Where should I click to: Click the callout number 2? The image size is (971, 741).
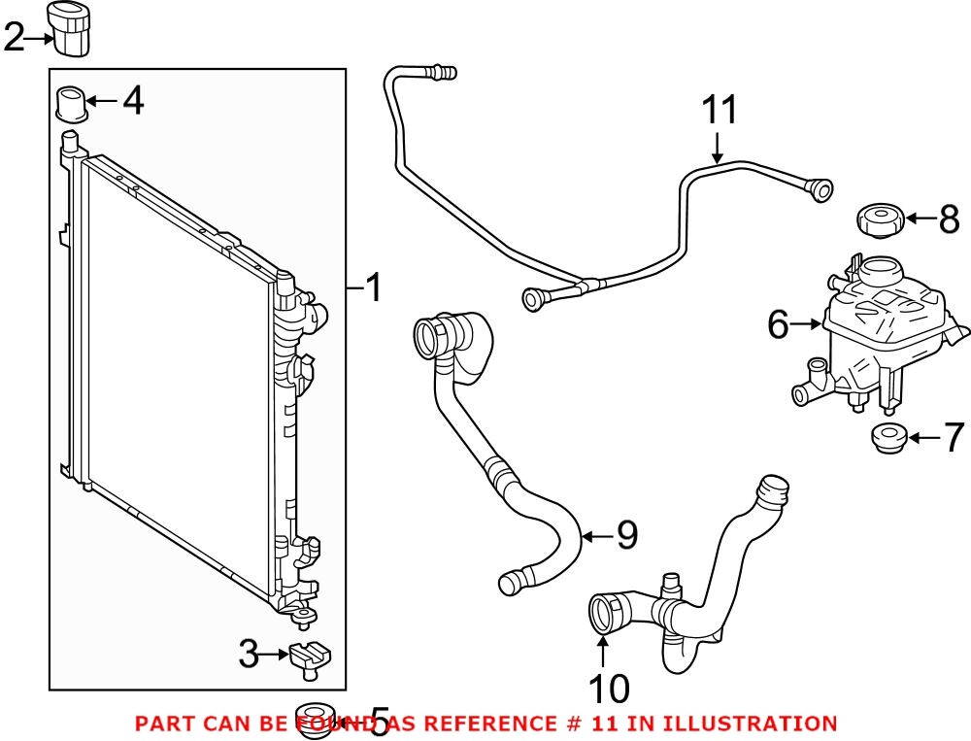14,39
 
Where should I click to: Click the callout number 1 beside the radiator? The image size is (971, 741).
372,288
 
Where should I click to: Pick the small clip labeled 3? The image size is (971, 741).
306,657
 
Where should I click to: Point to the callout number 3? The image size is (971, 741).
250,657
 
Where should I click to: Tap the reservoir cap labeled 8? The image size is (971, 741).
881,220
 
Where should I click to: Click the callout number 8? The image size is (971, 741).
949,219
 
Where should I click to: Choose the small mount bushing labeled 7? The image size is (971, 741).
886,439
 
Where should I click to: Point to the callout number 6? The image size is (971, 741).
778,325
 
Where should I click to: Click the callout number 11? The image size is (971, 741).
720,112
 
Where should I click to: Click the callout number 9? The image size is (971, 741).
626,533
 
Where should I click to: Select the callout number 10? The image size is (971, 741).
609,689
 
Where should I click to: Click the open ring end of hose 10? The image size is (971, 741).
604,617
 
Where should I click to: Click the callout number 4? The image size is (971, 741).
133,100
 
